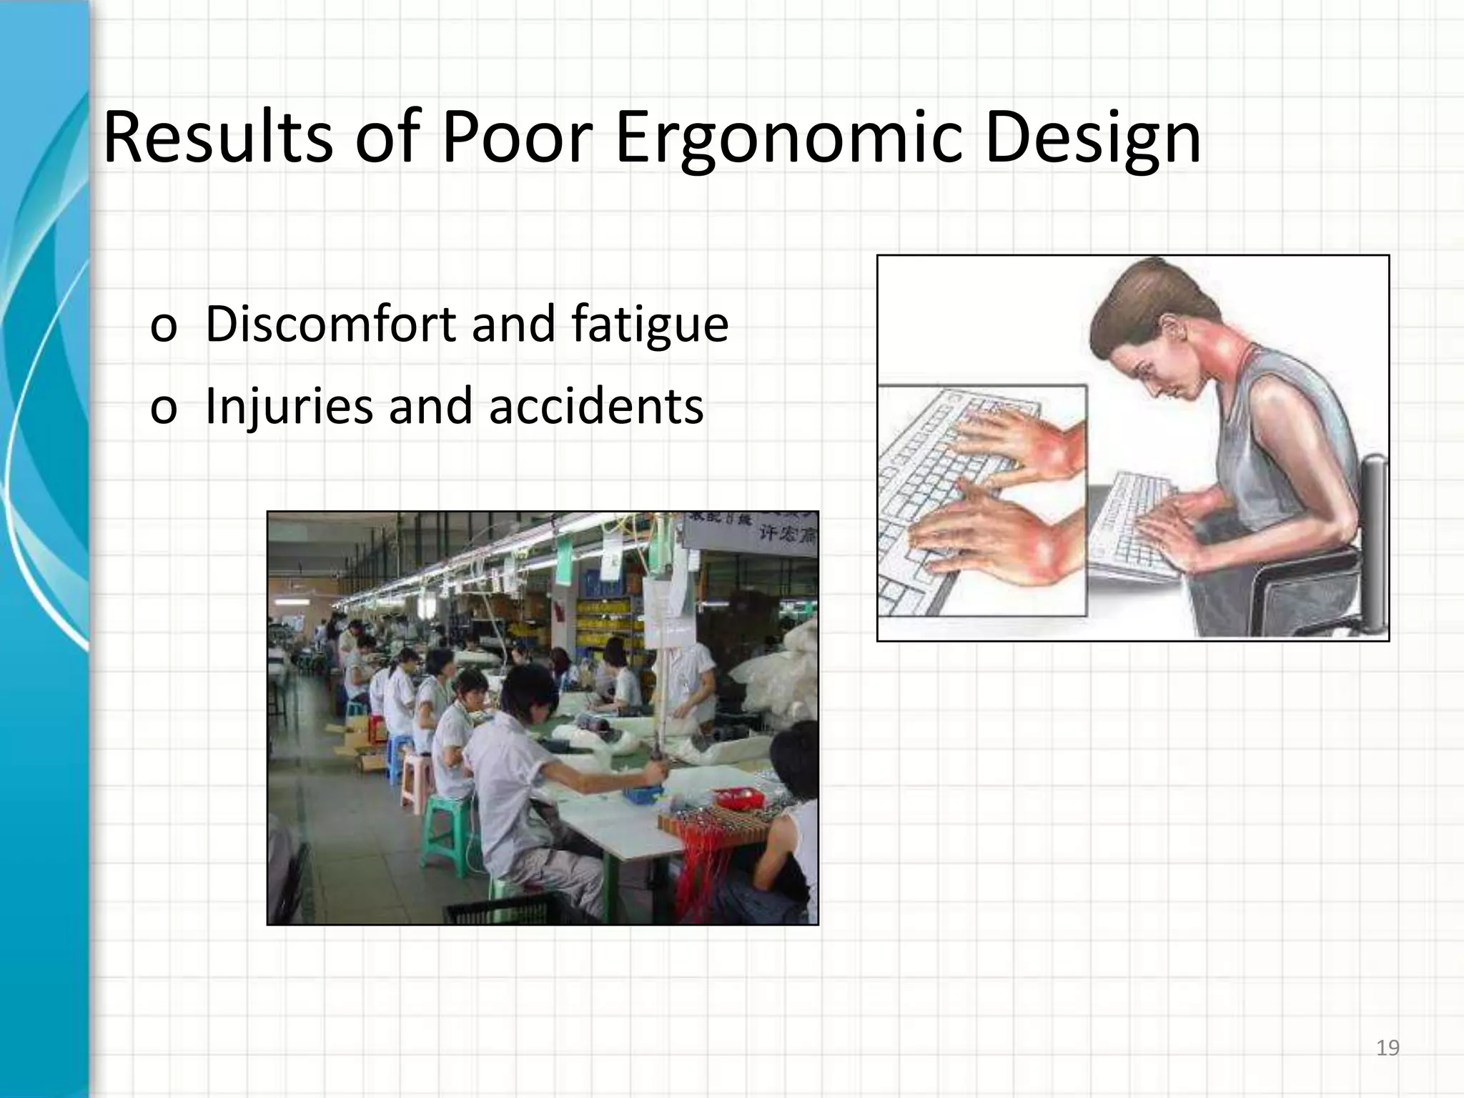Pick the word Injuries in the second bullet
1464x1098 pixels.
(289, 406)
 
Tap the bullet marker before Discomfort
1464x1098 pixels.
(163, 329)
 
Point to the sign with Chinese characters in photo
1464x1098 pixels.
(751, 529)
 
